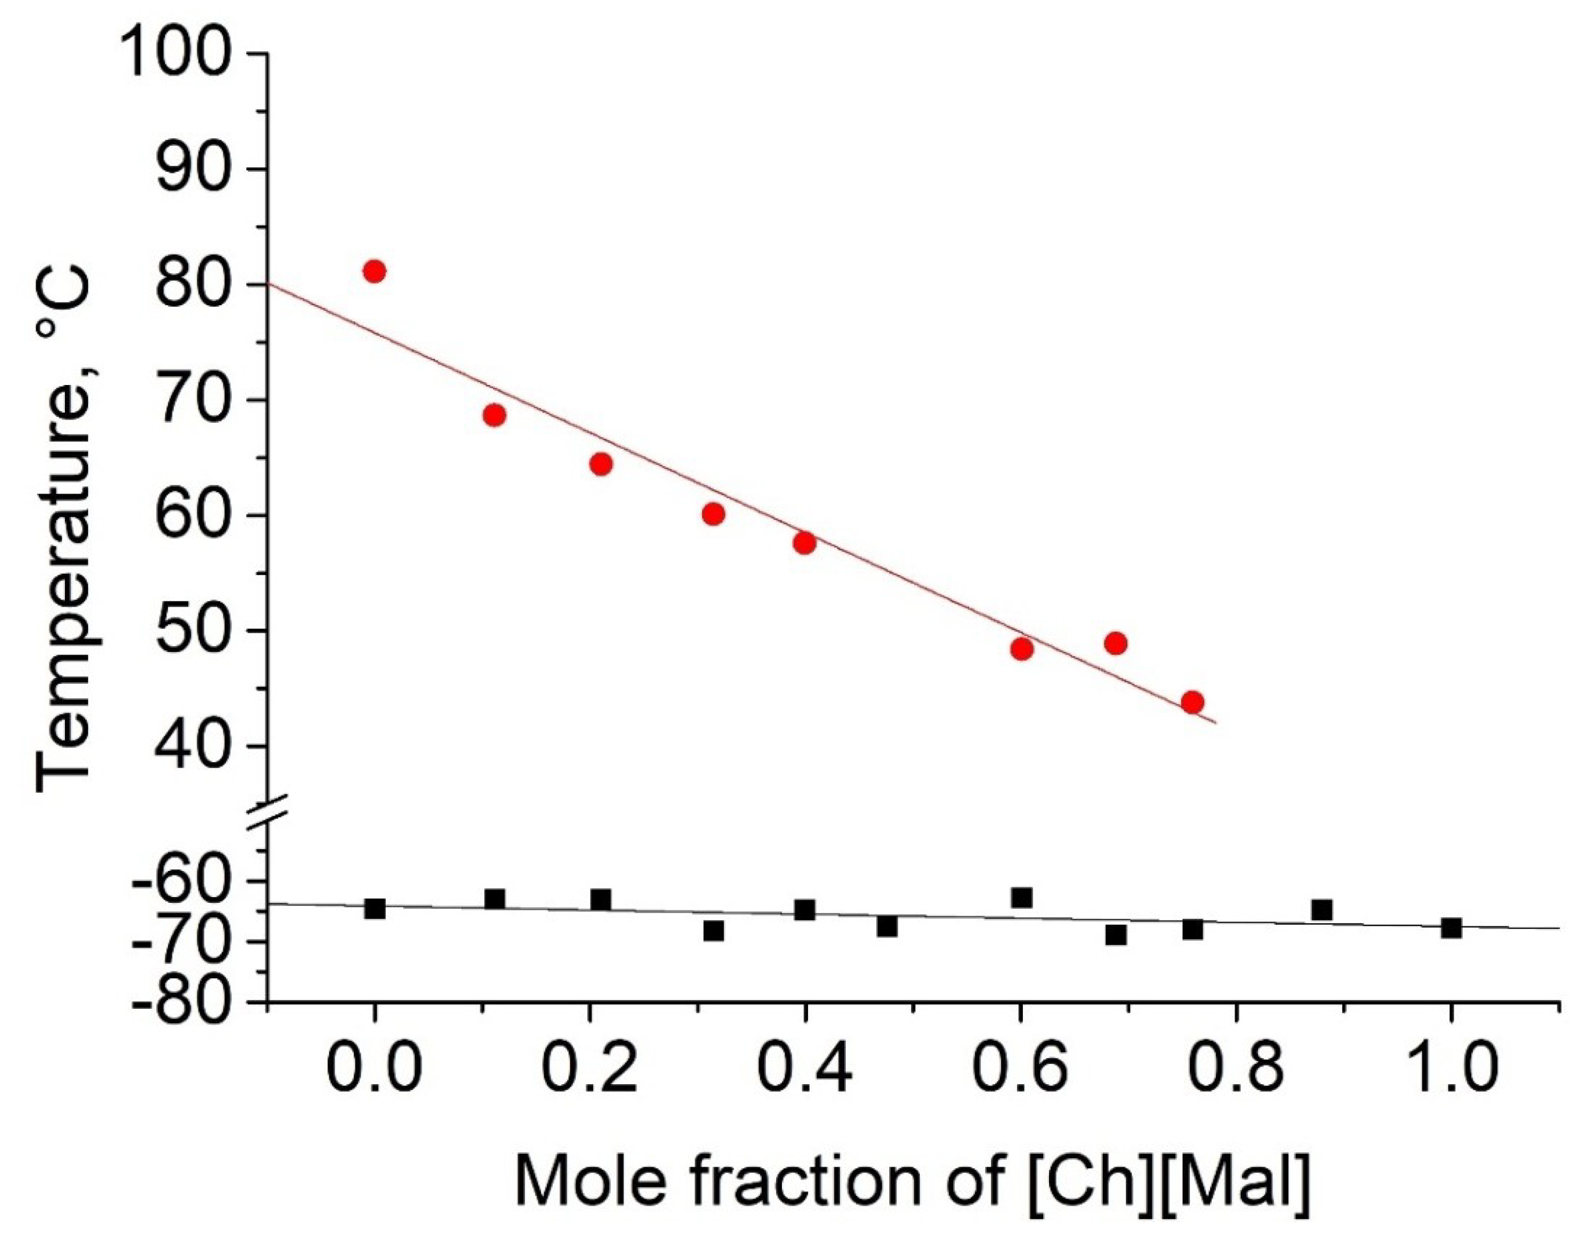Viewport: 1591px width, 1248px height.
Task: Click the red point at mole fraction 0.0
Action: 374,272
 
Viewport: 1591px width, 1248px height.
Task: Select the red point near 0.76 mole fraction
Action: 1192,702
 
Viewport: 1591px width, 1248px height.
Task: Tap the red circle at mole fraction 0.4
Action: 804,543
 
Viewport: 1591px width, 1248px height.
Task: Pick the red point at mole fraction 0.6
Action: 1022,649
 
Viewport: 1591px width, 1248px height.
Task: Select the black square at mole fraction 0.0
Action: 375,909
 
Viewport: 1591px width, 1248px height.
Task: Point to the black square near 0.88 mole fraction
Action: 1321,910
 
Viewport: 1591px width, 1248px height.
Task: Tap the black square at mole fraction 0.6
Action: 1022,897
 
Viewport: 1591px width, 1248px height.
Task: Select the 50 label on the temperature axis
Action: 191,631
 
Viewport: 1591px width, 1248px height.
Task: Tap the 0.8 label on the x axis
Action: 1235,1069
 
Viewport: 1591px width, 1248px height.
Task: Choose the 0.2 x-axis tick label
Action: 589,1069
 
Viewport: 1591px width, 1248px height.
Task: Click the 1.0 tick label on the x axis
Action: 1451,1069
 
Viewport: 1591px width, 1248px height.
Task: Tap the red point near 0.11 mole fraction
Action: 495,416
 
